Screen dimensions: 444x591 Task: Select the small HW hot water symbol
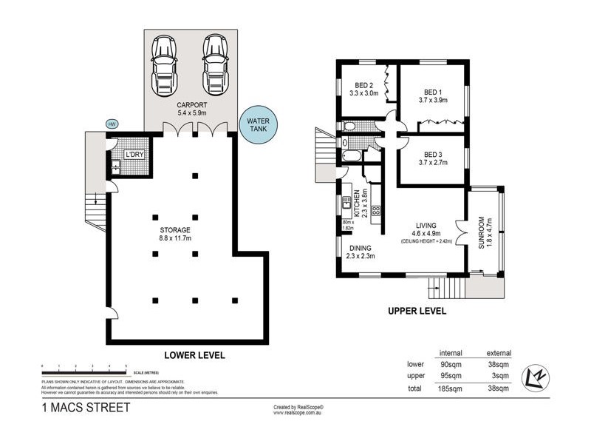coord(112,124)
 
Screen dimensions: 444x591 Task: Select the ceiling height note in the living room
coord(426,242)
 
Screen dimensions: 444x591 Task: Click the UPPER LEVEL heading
coord(417,312)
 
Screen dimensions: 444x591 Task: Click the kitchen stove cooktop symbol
coord(375,211)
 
